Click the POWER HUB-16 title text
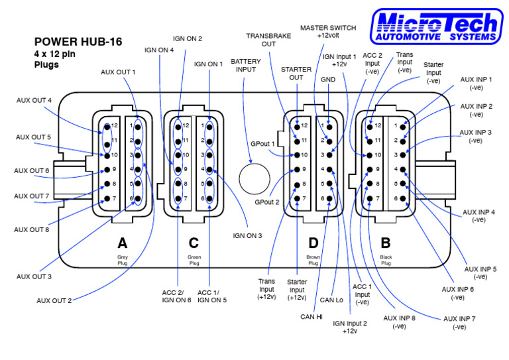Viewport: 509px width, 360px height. tap(78, 42)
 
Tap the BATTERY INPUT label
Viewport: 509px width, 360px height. tap(245, 65)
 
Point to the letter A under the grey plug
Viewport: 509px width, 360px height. tap(122, 243)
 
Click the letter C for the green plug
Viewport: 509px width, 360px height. tap(194, 243)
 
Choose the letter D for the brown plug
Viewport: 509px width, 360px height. tap(313, 243)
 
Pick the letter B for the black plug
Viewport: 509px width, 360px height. tap(385, 243)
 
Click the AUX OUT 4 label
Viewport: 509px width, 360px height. tap(34, 100)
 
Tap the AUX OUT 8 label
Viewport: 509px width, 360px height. tap(32, 229)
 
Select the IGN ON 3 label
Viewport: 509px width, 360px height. tap(247, 235)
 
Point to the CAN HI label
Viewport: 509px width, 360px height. tap(310, 318)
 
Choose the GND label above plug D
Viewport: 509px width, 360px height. tap(328, 78)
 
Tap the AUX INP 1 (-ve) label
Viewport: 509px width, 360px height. tap(476, 83)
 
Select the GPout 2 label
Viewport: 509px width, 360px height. tap(267, 201)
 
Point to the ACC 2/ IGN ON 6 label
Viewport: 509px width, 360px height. tap(176, 296)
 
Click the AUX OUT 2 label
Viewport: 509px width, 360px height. tap(54, 300)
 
